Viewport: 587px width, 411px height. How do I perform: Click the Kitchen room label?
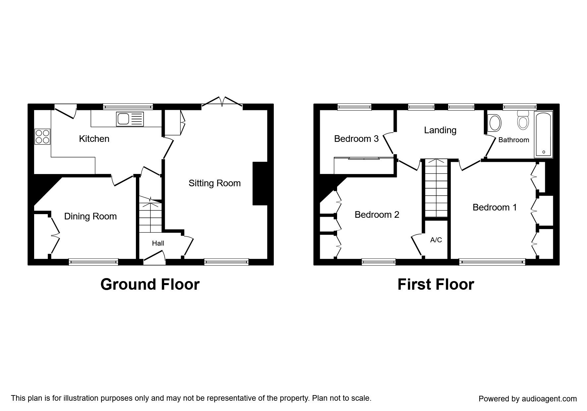pos(94,139)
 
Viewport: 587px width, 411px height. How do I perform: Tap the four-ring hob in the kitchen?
pos(42,136)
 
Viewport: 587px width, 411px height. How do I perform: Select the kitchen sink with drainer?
pos(130,119)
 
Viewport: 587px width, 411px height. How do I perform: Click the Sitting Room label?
pos(214,183)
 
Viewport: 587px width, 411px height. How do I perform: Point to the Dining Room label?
pos(90,216)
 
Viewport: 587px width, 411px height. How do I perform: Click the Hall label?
pos(158,243)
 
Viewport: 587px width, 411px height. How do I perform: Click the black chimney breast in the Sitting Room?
pos(260,183)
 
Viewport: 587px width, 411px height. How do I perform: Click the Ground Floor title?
pos(150,284)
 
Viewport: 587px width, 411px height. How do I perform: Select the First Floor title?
pos(436,284)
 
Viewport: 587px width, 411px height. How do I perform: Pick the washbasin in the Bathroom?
pos(495,122)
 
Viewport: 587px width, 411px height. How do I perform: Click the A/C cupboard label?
pos(436,240)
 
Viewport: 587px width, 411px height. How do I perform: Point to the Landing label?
pos(440,130)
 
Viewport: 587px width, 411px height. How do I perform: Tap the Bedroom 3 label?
pos(356,139)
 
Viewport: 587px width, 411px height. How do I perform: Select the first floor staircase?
pos(435,188)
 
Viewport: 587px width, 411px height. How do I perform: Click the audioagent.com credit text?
pos(528,399)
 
